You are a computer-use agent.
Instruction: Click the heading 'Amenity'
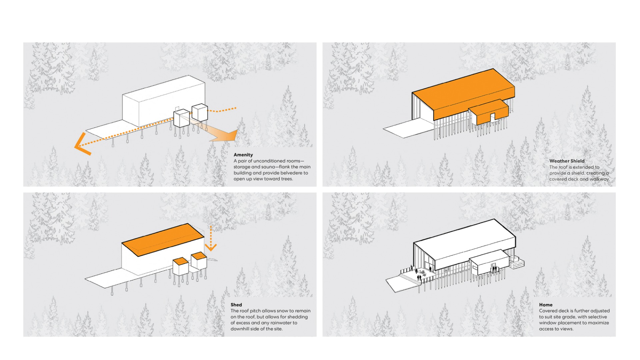click(x=243, y=155)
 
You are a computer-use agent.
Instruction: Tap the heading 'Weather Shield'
click(x=567, y=161)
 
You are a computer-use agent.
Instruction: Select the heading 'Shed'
click(x=236, y=305)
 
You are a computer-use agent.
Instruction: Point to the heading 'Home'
click(x=545, y=305)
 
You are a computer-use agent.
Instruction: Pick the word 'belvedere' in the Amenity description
click(x=291, y=173)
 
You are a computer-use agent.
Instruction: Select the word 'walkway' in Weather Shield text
click(x=599, y=179)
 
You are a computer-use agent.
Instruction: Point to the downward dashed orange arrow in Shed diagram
click(x=211, y=240)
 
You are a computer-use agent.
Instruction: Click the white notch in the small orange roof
click(x=493, y=116)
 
